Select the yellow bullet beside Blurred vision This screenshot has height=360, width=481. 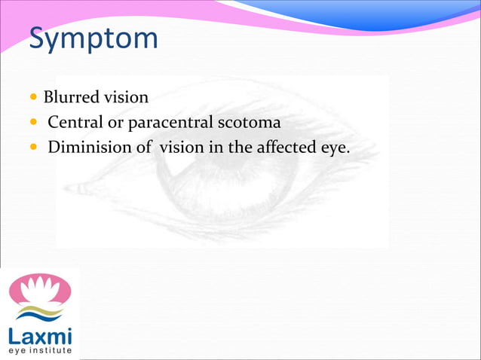point(34,98)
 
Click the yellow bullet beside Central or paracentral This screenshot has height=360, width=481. point(34,123)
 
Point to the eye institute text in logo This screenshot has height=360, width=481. point(40,350)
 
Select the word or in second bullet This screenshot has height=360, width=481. point(116,122)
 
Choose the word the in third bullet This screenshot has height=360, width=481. point(240,147)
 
